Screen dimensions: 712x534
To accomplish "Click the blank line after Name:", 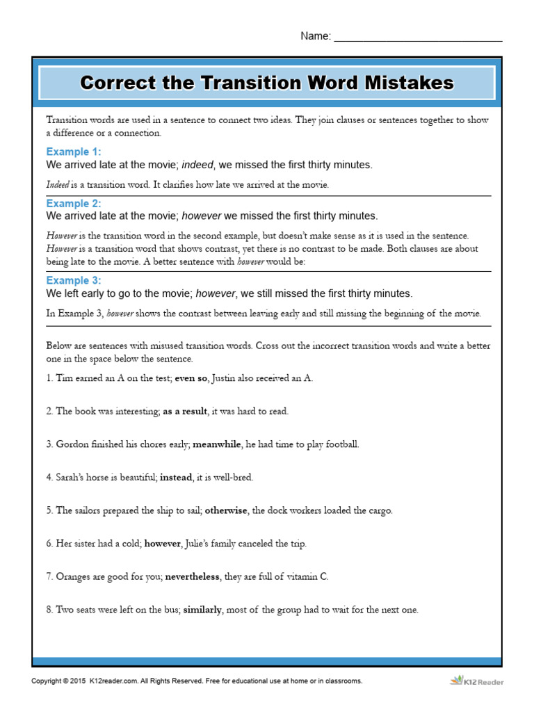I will [418, 37].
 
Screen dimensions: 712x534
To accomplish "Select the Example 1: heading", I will [74, 152].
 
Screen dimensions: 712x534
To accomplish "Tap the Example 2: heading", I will [74, 204].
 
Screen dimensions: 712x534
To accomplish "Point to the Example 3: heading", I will [74, 280].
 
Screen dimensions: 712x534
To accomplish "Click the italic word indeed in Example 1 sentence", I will [197, 165].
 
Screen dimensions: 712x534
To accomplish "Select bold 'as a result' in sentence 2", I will [185, 411].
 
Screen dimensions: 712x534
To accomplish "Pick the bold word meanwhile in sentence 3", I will [217, 444].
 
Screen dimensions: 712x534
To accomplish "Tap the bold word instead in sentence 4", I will [176, 477].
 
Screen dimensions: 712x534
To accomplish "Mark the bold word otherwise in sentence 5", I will [226, 510].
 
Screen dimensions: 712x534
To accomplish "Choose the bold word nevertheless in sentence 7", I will [191, 576].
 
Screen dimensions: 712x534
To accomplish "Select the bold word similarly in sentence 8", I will [202, 610].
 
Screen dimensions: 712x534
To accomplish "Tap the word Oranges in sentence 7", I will [73, 576].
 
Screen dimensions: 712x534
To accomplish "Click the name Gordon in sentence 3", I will [73, 444].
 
